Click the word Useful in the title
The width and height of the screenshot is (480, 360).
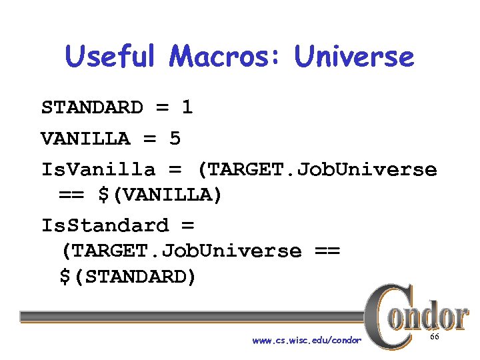111,57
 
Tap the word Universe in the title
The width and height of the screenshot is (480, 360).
354,57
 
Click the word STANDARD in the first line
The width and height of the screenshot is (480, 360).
92,108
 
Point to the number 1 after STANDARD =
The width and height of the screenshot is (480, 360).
187,108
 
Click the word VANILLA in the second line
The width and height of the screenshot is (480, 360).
85,139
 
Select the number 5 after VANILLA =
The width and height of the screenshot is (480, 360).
175,139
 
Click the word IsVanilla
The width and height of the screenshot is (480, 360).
98,170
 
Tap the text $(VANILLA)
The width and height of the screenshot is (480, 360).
161,195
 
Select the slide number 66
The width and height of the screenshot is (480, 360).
435,338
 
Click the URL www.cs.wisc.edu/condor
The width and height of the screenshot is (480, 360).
307,341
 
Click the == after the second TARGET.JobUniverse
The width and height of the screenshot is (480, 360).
325,251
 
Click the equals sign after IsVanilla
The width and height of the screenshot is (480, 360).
175,170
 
